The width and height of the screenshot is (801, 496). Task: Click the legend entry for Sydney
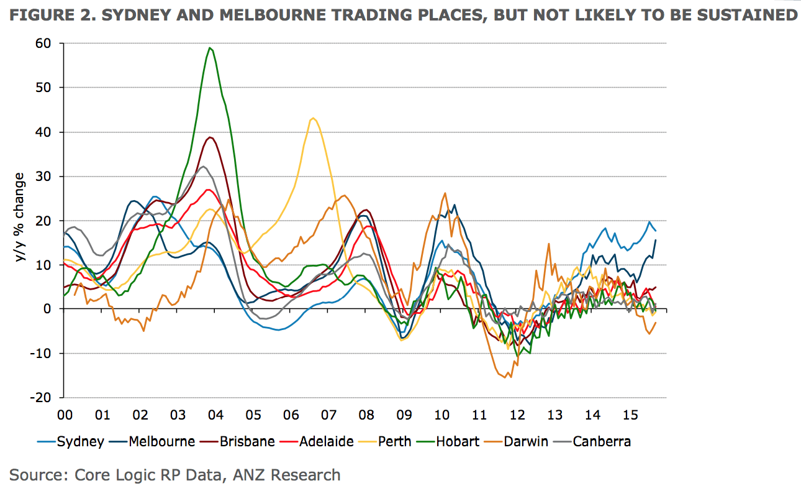(x=70, y=441)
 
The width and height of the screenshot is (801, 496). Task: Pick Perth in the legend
(x=385, y=441)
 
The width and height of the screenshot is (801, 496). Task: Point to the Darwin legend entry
(x=516, y=441)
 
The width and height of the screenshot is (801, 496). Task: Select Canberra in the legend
(x=592, y=441)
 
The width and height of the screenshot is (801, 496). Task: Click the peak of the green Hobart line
(x=210, y=48)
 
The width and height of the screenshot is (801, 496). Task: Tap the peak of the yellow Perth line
(x=313, y=118)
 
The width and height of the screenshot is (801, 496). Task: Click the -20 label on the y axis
(x=40, y=397)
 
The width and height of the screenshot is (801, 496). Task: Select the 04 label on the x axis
(x=215, y=415)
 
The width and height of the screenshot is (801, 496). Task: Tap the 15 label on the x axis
(x=630, y=415)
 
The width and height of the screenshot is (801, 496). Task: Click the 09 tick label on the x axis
(x=404, y=415)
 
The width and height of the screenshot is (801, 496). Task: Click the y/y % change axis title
(x=19, y=218)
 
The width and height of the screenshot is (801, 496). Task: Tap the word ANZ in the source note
(x=248, y=475)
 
